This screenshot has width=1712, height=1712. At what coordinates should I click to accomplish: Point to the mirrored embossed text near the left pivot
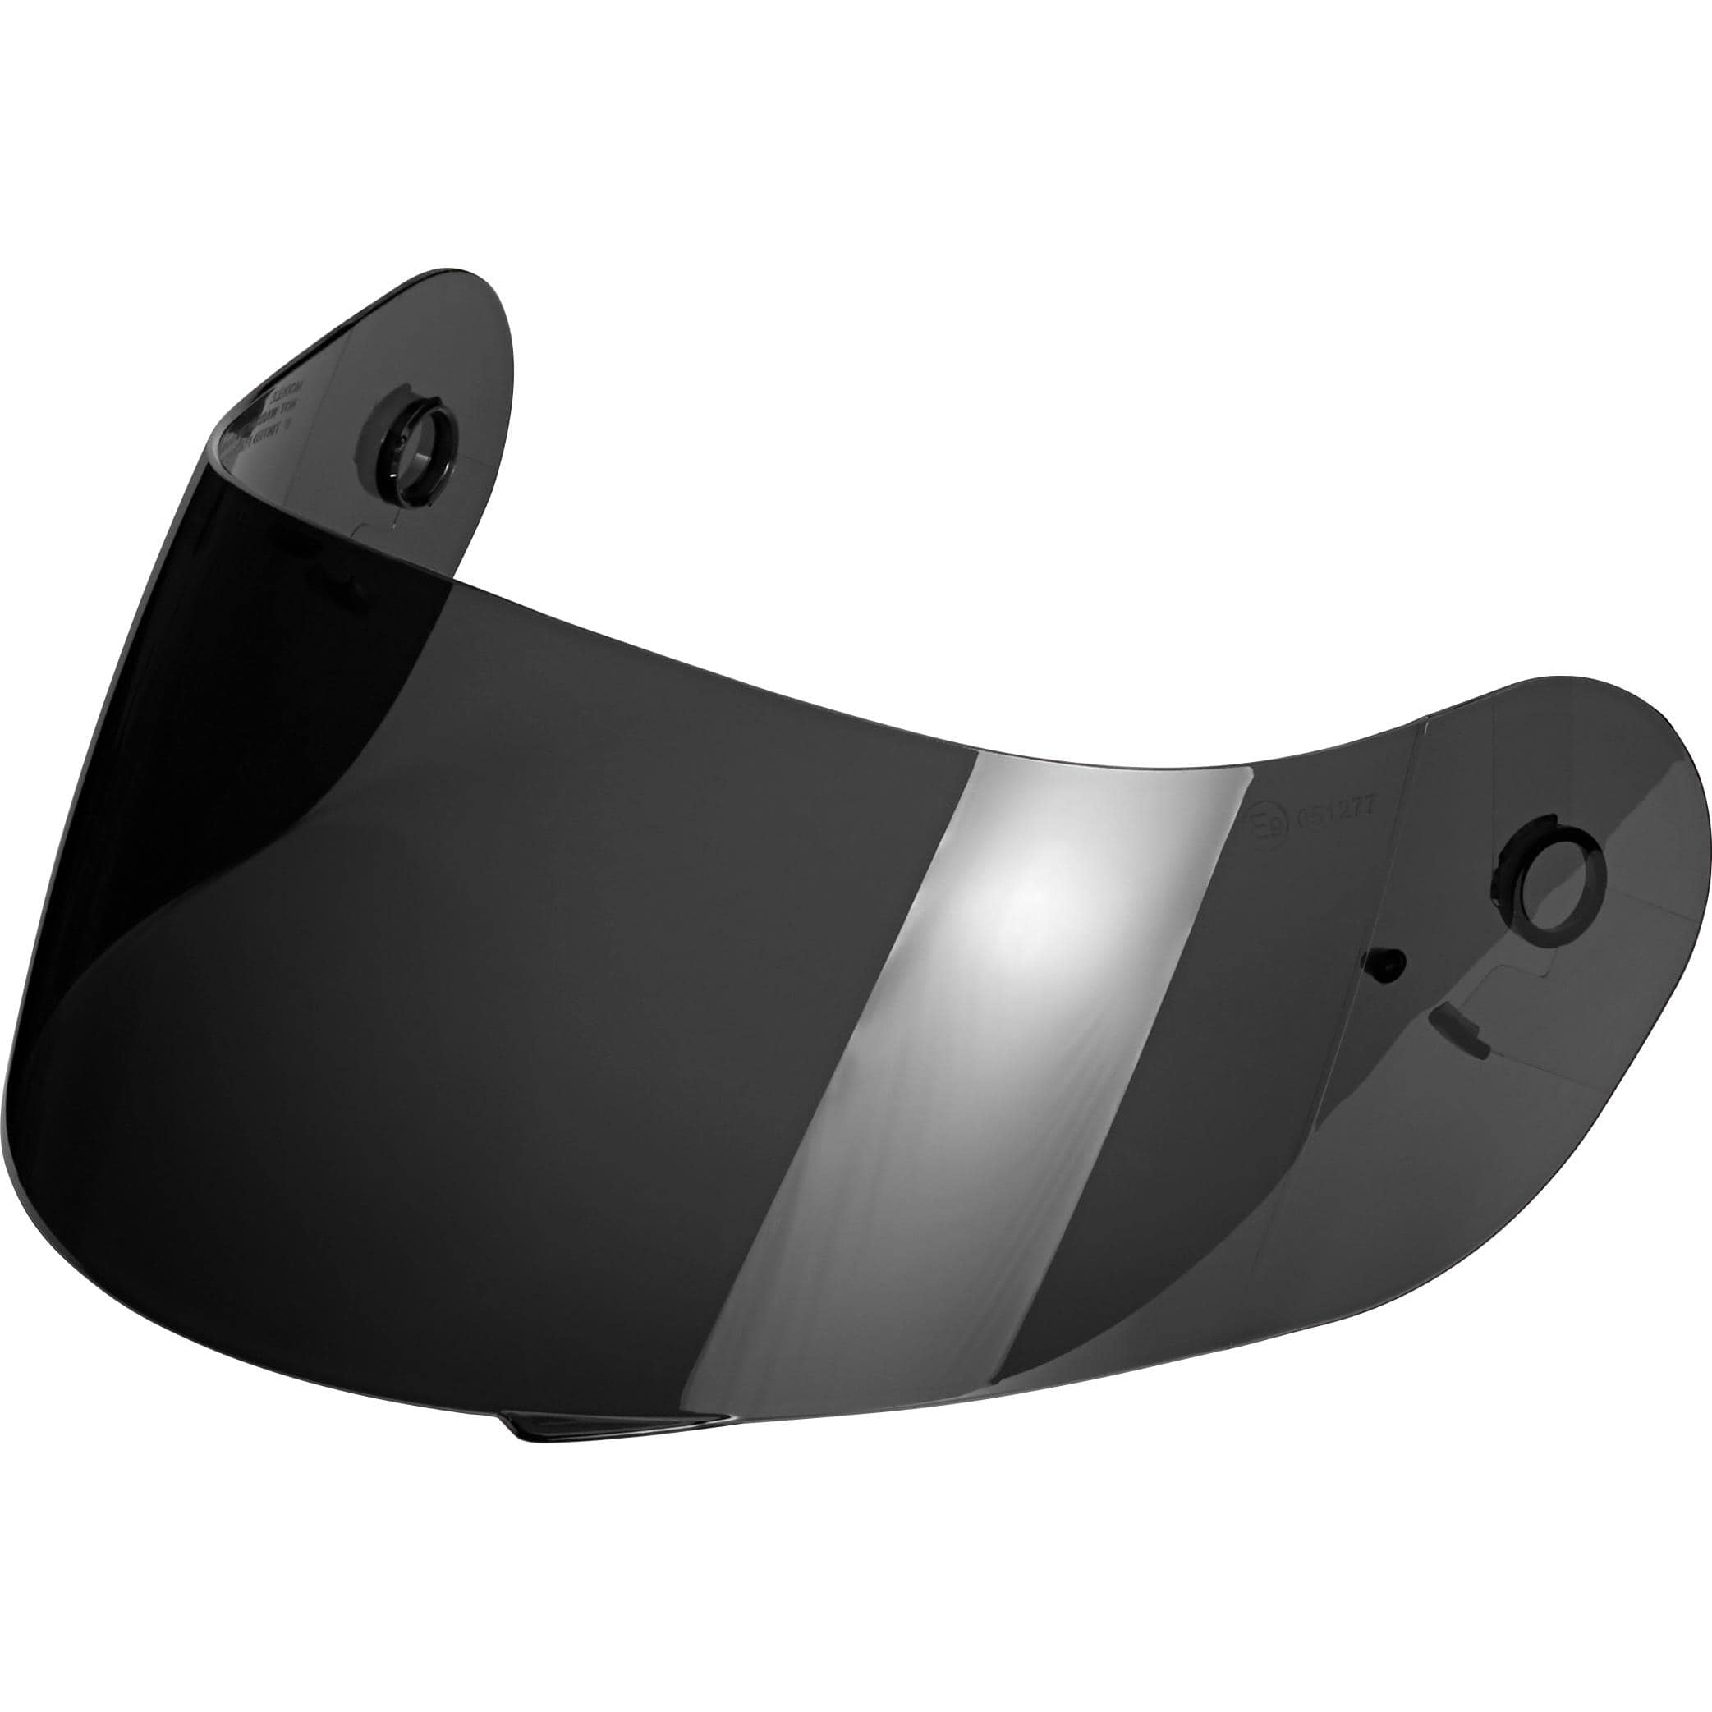[270, 415]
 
